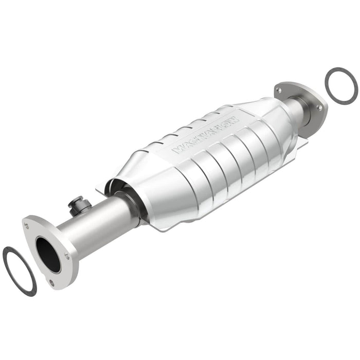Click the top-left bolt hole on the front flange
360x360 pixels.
(x=26, y=225)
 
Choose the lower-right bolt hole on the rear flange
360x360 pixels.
(x=319, y=107)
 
